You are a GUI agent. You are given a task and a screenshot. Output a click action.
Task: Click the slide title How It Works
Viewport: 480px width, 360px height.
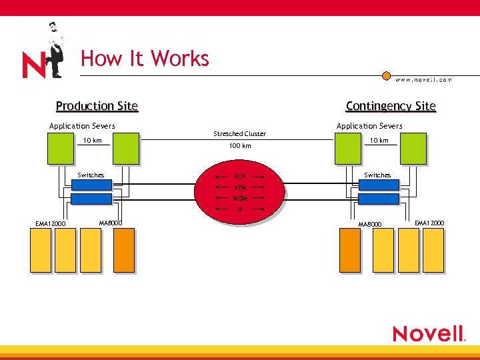pos(145,59)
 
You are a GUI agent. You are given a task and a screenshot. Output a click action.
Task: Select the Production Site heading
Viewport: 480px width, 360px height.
pos(97,106)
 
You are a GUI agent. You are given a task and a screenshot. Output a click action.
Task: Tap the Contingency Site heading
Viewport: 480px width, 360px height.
pos(390,106)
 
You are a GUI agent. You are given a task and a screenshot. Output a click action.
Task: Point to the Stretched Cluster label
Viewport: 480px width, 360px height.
pos(239,134)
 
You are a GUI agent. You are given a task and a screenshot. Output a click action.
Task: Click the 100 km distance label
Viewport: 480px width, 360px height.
pos(240,145)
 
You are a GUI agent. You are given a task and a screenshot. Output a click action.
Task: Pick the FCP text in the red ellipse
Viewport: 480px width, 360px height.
pos(240,177)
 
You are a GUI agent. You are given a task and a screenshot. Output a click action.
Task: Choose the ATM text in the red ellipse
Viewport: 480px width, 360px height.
pos(240,188)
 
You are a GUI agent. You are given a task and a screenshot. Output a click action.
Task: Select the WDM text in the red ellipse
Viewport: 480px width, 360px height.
pos(240,199)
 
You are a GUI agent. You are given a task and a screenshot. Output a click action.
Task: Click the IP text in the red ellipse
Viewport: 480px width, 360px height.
pos(240,209)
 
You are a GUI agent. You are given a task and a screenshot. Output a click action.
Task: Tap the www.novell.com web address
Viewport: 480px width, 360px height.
pos(423,80)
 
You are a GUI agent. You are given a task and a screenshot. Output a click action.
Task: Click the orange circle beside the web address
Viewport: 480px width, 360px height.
pos(386,76)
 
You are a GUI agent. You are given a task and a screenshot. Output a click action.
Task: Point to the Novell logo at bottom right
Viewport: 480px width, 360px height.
pos(428,333)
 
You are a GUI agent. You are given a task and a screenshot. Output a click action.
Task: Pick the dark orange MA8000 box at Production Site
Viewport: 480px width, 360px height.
pos(123,250)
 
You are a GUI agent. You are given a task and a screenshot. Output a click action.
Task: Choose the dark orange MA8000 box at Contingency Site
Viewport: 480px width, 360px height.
pos(351,250)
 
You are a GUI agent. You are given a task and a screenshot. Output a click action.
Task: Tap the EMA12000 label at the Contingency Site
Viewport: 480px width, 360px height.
pos(429,223)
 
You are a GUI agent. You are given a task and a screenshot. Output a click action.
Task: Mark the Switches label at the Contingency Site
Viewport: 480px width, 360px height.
pos(377,175)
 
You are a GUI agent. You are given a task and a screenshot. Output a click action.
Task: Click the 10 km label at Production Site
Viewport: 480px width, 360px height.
pos(92,141)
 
